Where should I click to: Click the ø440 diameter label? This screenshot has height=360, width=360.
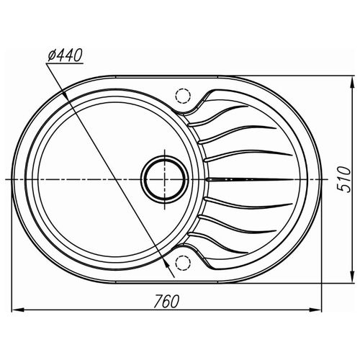(65, 55)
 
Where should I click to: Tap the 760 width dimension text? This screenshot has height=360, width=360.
(166, 301)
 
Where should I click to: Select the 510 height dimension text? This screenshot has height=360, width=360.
(343, 179)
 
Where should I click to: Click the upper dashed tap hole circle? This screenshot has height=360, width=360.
(183, 96)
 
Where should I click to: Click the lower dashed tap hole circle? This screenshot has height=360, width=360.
(183, 263)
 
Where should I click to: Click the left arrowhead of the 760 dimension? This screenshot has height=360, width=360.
(19, 310)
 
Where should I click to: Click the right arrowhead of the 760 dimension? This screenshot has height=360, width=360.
(315, 310)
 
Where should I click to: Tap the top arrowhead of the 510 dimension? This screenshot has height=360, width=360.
(352, 84)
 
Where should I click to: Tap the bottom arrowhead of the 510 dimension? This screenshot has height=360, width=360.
(352, 275)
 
